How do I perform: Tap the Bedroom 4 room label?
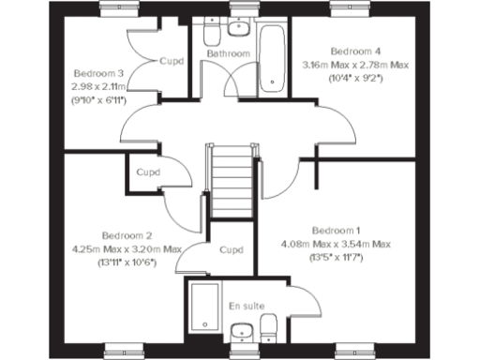pyautogui.click(x=355, y=51)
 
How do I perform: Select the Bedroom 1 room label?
pyautogui.click(x=336, y=231)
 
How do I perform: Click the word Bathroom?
pyautogui.click(x=229, y=54)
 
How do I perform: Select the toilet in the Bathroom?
pyautogui.click(x=211, y=34)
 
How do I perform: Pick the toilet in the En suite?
pyautogui.click(x=270, y=329)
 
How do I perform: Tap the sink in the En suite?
pyautogui.click(x=243, y=331)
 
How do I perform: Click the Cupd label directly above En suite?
pyautogui.click(x=231, y=250)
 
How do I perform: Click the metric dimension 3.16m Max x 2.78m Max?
pyautogui.click(x=355, y=65)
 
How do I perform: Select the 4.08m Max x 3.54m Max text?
pyautogui.click(x=336, y=244)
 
